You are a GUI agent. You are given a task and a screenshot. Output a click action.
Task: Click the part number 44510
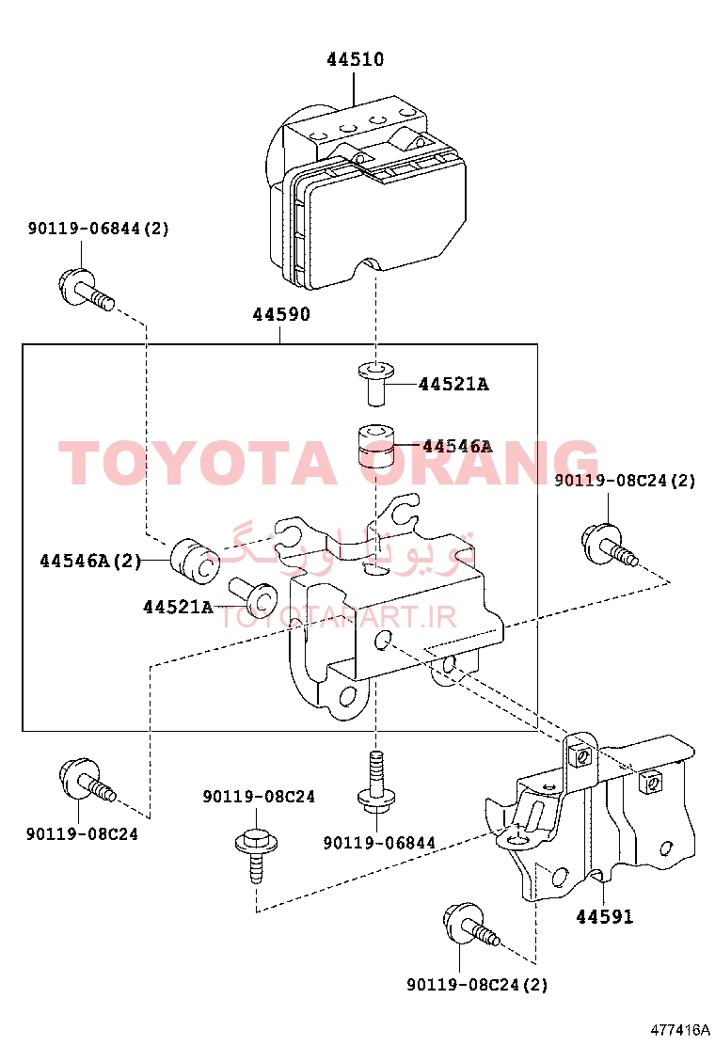point(356,59)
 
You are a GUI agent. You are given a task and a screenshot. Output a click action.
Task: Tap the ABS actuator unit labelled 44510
point(366,194)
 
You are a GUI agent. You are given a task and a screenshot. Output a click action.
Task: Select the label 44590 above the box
point(280,314)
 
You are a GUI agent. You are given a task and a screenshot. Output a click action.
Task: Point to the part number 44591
point(604,916)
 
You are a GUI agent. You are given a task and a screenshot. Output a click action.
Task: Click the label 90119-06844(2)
point(98,229)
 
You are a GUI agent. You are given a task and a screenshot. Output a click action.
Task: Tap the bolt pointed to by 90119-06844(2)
point(86,290)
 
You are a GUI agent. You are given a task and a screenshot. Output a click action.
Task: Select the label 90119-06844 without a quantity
point(379,843)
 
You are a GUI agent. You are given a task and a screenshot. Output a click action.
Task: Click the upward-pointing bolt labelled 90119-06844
point(377,782)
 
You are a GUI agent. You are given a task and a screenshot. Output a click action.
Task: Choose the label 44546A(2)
point(90,561)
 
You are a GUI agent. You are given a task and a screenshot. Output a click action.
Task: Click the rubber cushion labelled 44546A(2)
point(196,561)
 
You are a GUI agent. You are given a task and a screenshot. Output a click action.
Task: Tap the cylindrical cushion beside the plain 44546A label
point(374,446)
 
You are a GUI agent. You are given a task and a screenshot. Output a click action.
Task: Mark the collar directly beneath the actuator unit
point(375,382)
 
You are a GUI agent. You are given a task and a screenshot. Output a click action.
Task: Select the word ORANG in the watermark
point(479,462)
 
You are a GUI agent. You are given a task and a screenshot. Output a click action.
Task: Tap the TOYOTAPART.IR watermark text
point(338,617)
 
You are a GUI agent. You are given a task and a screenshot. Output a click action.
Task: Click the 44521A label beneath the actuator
point(453,384)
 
